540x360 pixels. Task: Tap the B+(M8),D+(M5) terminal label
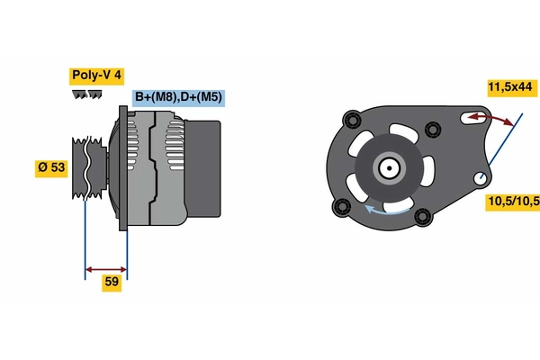coord(178,98)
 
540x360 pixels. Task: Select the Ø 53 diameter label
coord(51,168)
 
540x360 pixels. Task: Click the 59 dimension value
coord(112,283)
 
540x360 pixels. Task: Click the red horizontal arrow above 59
coord(106,269)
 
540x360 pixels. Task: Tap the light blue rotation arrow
coord(387,210)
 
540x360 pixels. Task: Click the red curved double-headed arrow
coord(491,118)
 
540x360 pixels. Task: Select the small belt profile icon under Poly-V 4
coord(86,94)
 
